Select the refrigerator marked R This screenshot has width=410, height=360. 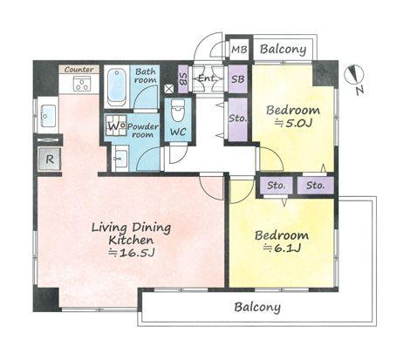[50, 159]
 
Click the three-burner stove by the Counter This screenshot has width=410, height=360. [82, 84]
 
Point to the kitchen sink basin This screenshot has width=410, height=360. [48, 116]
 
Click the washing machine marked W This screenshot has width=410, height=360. [116, 126]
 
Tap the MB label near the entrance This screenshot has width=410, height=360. [239, 50]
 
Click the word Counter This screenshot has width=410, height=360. [79, 70]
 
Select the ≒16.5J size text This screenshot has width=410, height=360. [131, 254]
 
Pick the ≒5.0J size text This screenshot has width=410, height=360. [293, 124]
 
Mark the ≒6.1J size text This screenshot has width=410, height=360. [282, 248]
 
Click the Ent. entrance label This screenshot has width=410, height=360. [208, 78]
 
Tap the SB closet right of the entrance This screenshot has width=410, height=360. [238, 79]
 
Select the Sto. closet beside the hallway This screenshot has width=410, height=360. [237, 119]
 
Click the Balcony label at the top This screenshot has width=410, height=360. [283, 50]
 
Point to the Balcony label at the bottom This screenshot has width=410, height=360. [257, 308]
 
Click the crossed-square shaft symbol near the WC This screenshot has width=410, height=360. [168, 89]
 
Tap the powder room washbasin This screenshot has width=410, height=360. [120, 158]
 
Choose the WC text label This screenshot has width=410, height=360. [178, 132]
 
